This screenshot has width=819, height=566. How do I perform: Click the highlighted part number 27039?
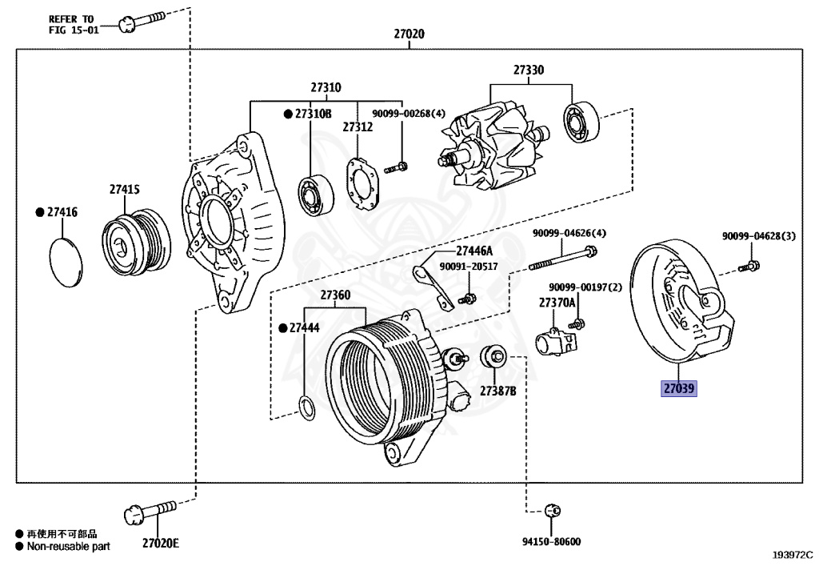[678, 388]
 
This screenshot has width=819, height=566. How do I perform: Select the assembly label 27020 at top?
[409, 34]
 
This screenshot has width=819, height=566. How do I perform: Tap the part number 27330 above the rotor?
[528, 70]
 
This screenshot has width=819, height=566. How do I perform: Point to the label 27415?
[124, 189]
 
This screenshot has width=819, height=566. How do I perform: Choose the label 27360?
[335, 295]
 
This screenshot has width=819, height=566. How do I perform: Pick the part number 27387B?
[497, 391]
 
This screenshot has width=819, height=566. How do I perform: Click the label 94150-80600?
[552, 542]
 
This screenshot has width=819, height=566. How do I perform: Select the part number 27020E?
[161, 544]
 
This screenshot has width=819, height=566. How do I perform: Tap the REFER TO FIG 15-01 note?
[74, 25]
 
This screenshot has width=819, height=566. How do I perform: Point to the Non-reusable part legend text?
[69, 547]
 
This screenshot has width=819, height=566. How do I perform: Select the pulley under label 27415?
[136, 242]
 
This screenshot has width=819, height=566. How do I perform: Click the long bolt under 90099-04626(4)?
[563, 259]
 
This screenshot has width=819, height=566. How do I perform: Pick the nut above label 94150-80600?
[553, 510]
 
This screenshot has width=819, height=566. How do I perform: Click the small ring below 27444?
[307, 408]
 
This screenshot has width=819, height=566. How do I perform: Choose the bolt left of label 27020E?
[150, 512]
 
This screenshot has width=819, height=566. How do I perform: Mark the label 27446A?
[474, 251]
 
